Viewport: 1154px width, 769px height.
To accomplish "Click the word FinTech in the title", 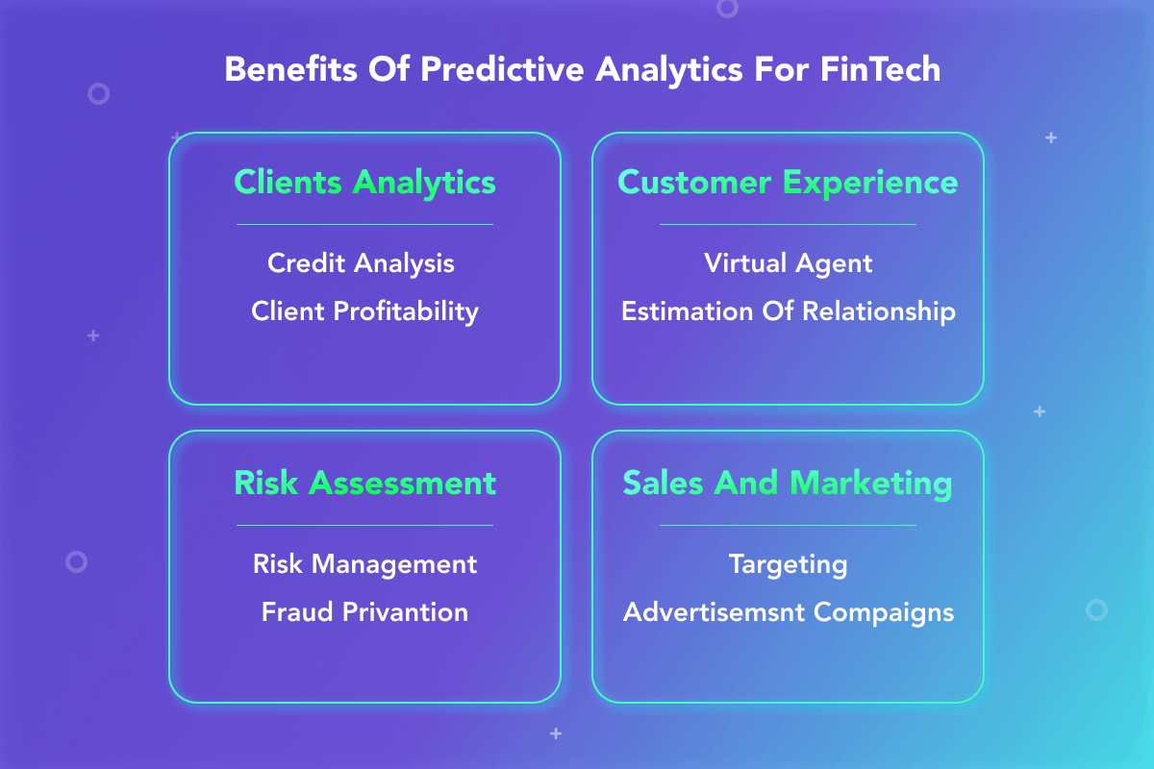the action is point(881,69).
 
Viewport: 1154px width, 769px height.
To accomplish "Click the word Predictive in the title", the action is point(502,69).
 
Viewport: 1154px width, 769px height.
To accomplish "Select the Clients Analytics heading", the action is point(364,183).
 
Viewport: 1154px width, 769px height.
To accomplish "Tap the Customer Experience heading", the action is point(788,183).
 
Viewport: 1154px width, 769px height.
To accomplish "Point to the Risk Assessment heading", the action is point(364,484).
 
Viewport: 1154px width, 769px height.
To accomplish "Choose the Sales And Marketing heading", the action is point(788,484).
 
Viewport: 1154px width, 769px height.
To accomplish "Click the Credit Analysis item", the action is point(361,263).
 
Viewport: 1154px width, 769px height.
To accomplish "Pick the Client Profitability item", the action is point(364,312).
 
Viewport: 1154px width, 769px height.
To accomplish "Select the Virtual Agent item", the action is point(789,264).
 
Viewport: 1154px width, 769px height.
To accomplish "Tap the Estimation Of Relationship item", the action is point(789,312).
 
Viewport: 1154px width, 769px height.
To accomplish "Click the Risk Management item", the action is point(364,564).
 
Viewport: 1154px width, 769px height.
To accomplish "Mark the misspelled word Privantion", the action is point(406,612).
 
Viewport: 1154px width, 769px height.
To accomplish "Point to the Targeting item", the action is point(788,565).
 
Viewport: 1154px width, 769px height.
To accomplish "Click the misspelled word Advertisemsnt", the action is point(714,612).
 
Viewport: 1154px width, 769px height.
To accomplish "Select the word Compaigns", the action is point(884,613).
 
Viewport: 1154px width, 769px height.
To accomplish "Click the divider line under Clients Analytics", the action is point(364,225).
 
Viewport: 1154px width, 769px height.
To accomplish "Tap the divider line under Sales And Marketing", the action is point(788,526).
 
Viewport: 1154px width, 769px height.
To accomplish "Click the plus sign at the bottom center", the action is point(556,733).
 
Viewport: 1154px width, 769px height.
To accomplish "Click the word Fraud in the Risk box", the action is point(297,612).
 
